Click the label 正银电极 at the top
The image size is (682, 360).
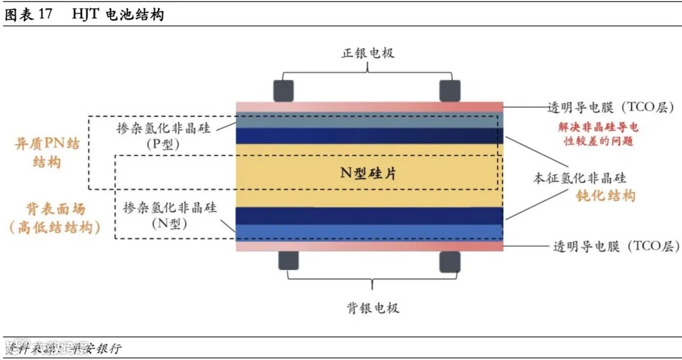point(368,53)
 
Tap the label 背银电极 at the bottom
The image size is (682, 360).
point(373,308)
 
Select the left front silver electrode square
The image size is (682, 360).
point(284,90)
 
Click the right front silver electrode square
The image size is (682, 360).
point(450,90)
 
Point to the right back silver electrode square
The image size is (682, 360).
point(450,261)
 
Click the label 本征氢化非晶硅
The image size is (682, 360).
point(580,179)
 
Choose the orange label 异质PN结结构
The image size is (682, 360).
point(47,153)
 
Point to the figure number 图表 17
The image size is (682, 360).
point(28,14)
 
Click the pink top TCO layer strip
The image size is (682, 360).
point(369,106)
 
